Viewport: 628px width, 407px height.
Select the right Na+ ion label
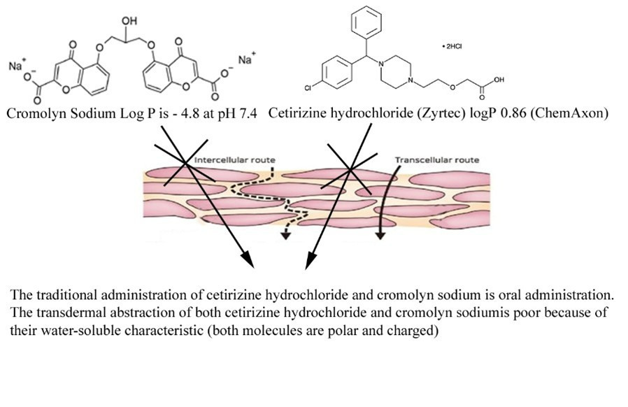245,60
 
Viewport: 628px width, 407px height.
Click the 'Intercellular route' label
234,160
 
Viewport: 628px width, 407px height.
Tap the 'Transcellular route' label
437,160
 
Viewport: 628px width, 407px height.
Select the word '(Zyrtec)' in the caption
420,115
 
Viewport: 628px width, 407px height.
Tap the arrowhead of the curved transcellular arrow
380,236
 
